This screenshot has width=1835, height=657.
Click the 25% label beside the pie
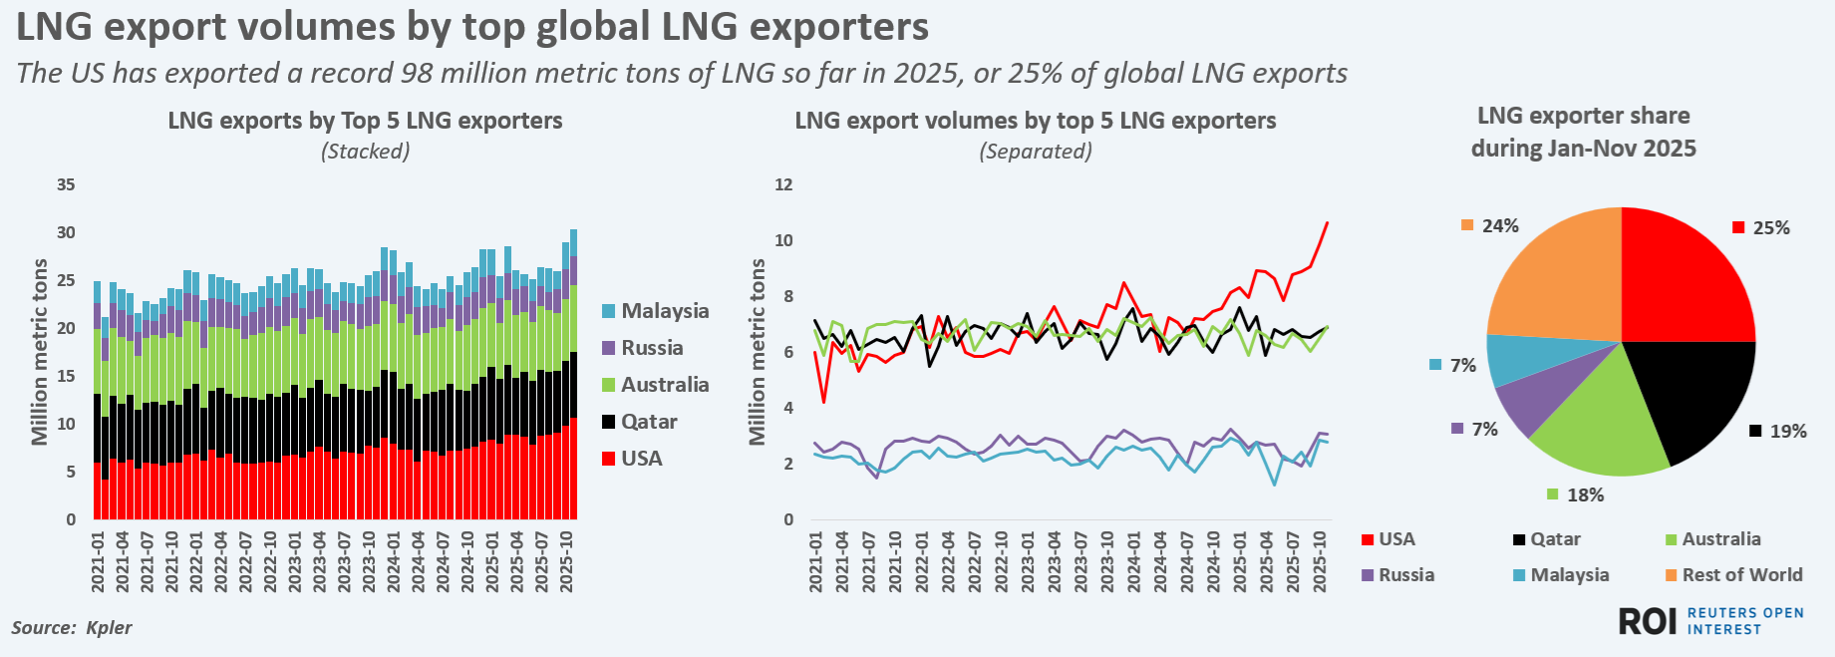(1770, 228)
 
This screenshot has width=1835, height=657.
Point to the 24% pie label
(1499, 226)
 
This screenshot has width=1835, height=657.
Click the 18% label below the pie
(1585, 495)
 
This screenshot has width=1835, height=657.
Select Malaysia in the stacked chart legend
(664, 311)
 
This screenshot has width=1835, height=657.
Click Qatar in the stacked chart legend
(648, 422)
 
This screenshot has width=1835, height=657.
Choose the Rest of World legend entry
(1741, 575)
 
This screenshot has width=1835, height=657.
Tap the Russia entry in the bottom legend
(1405, 575)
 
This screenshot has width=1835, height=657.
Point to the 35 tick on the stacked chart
(66, 185)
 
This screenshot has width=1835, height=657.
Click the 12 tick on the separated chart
(784, 185)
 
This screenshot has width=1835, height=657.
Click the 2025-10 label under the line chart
(1320, 562)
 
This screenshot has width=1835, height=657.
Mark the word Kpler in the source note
(109, 628)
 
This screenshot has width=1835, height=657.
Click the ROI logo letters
(1647, 621)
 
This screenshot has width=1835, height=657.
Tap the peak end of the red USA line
(1327, 222)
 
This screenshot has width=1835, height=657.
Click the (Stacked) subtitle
(365, 152)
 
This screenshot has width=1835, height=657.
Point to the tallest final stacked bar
(573, 379)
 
